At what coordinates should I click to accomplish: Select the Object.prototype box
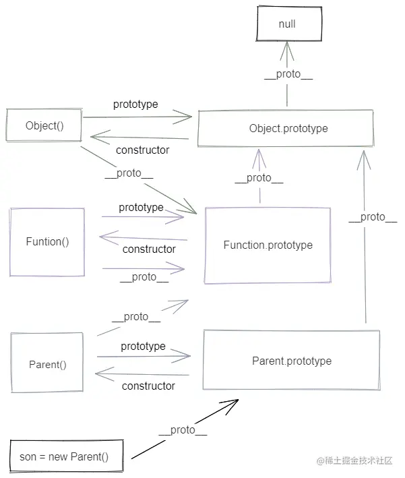click(x=285, y=128)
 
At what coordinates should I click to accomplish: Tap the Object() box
click(x=44, y=125)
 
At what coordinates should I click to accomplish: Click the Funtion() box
click(x=47, y=241)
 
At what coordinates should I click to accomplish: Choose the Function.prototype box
click(x=268, y=245)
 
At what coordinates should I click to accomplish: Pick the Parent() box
click(x=47, y=365)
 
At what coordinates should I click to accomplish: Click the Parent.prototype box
click(x=291, y=361)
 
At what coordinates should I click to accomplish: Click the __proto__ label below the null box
click(x=288, y=75)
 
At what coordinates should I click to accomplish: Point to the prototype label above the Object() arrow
click(x=135, y=104)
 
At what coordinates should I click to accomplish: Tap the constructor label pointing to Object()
click(x=142, y=150)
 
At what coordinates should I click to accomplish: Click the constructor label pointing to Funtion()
click(x=149, y=249)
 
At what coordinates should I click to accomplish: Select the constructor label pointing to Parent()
click(x=148, y=386)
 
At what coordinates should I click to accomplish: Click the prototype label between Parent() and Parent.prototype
click(x=143, y=346)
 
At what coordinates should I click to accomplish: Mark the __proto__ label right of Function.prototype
click(x=373, y=216)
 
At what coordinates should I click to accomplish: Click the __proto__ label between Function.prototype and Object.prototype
click(x=259, y=178)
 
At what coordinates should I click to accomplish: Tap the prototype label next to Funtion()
click(x=141, y=207)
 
